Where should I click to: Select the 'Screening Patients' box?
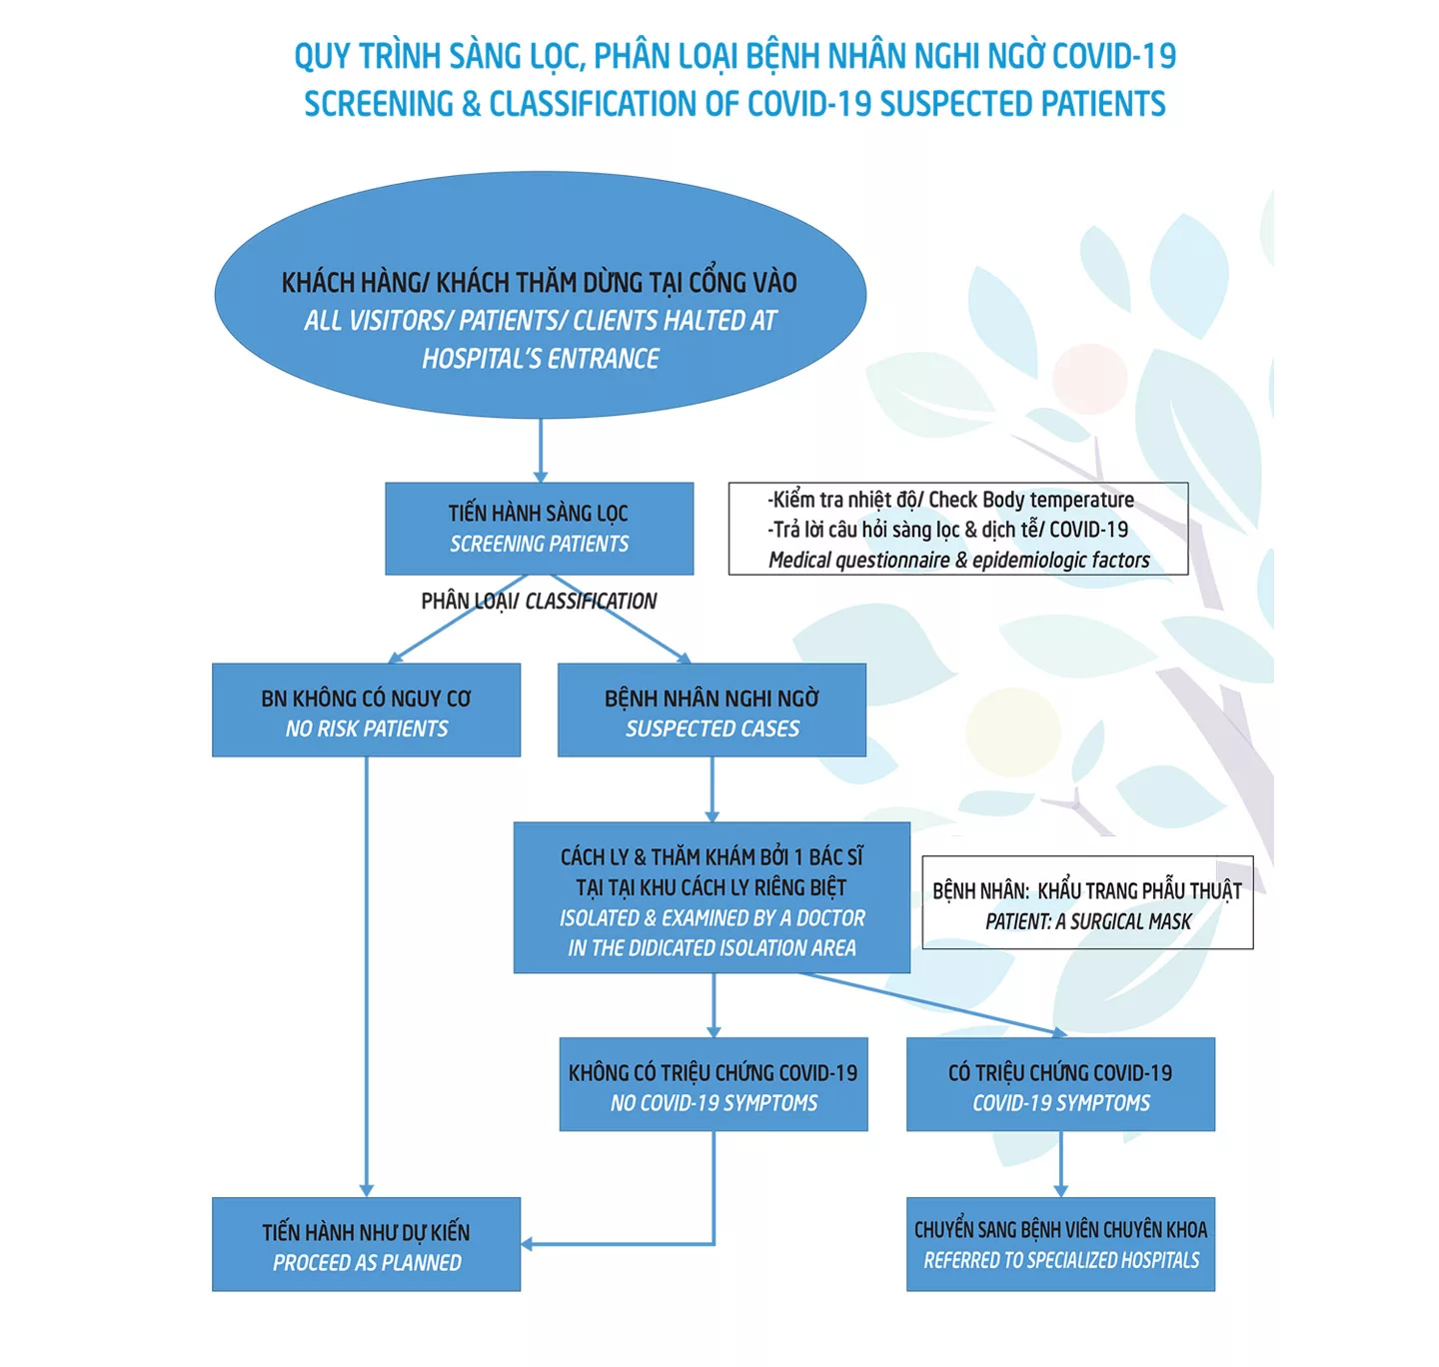540,529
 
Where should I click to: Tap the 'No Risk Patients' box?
366,710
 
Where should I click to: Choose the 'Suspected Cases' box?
712,710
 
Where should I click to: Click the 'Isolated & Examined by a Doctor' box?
712,897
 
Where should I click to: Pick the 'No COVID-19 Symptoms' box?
714,1085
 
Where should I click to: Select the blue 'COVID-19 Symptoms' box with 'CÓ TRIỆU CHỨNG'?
1060,1085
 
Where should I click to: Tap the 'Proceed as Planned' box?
366,1245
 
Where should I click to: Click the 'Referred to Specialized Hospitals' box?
1060,1245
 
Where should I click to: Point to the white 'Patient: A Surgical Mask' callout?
1087,903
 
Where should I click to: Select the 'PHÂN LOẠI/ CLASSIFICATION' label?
539,602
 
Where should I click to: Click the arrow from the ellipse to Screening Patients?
541,450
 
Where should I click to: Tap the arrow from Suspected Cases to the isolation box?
713,788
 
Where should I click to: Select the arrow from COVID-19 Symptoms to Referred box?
1060,1164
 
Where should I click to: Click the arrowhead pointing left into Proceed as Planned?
528,1244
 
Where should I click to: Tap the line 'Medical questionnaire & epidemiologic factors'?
958,561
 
